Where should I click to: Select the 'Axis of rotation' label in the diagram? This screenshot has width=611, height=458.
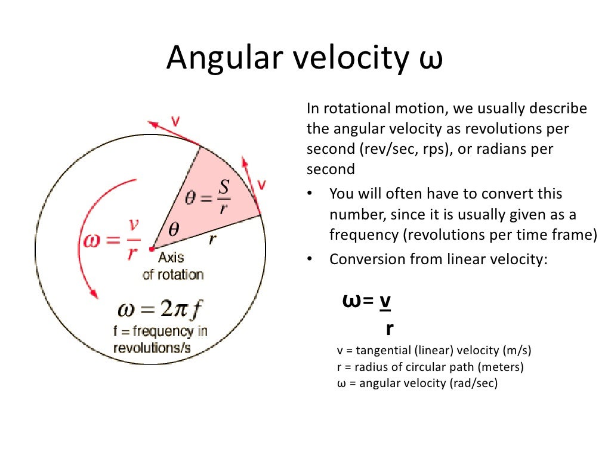(x=172, y=267)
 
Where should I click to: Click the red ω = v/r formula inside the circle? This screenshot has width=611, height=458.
(x=109, y=237)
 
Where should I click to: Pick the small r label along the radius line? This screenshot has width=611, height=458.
(x=212, y=240)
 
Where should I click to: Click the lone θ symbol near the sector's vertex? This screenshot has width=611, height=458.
(x=173, y=229)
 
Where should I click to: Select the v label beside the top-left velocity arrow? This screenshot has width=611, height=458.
(x=175, y=121)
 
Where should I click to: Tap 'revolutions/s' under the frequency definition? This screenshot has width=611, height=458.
(x=152, y=348)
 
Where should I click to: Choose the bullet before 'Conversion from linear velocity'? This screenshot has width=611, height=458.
(x=311, y=260)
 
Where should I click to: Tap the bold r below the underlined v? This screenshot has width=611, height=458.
(x=389, y=328)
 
